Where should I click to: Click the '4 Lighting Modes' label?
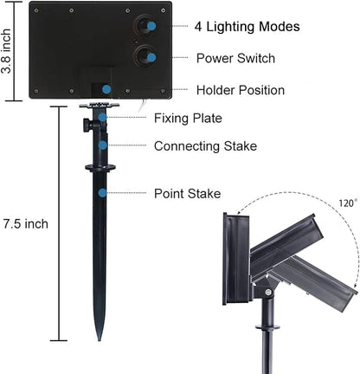(x=247, y=27)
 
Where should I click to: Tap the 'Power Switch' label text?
(x=235, y=58)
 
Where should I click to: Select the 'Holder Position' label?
(x=241, y=90)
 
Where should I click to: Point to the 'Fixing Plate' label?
(x=188, y=119)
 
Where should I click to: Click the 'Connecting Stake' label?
(x=205, y=146)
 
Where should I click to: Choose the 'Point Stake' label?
(x=188, y=193)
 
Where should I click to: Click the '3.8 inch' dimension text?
(x=6, y=51)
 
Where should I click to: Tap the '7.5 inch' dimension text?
(x=26, y=224)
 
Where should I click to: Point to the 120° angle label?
(x=348, y=203)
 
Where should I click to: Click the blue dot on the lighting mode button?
(x=151, y=26)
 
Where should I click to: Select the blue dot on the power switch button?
(x=151, y=58)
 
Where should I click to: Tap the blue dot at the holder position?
(x=106, y=89)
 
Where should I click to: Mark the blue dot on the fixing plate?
(x=102, y=118)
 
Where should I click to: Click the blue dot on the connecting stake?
(x=102, y=145)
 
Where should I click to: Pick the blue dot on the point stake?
(x=102, y=193)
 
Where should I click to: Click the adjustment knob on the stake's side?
(x=87, y=125)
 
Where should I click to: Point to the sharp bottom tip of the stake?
(x=100, y=340)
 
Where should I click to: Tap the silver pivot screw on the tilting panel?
(x=268, y=293)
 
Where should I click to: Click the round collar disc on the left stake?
(x=100, y=168)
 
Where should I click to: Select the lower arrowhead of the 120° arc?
(x=353, y=285)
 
